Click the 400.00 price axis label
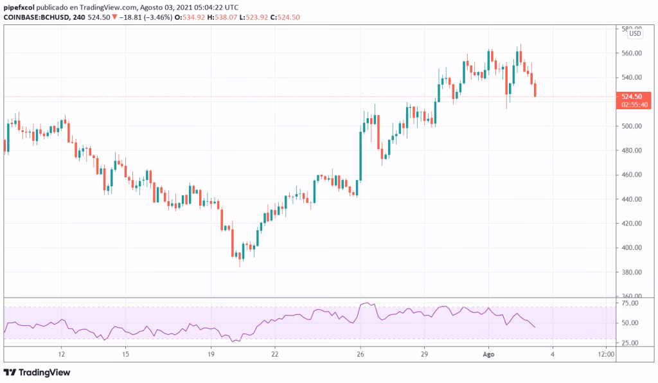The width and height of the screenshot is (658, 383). tap(631, 248)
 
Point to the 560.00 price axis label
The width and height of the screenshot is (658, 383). tap(631, 53)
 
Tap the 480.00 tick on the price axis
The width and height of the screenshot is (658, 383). tap(631, 151)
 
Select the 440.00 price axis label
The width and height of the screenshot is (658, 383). tap(631, 199)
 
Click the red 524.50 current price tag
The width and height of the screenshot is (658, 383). tap(631, 96)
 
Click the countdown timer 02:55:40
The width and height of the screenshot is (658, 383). tap(631, 104)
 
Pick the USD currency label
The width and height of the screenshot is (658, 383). tap(635, 35)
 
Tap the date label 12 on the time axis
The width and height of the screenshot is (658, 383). tap(61, 354)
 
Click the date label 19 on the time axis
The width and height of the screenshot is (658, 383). tap(211, 354)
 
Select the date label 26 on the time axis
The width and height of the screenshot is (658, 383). tap(361, 354)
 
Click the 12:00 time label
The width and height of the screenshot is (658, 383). tap(606, 354)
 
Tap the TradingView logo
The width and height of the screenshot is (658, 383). tap(37, 372)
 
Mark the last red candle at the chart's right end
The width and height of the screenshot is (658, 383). tap(535, 89)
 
